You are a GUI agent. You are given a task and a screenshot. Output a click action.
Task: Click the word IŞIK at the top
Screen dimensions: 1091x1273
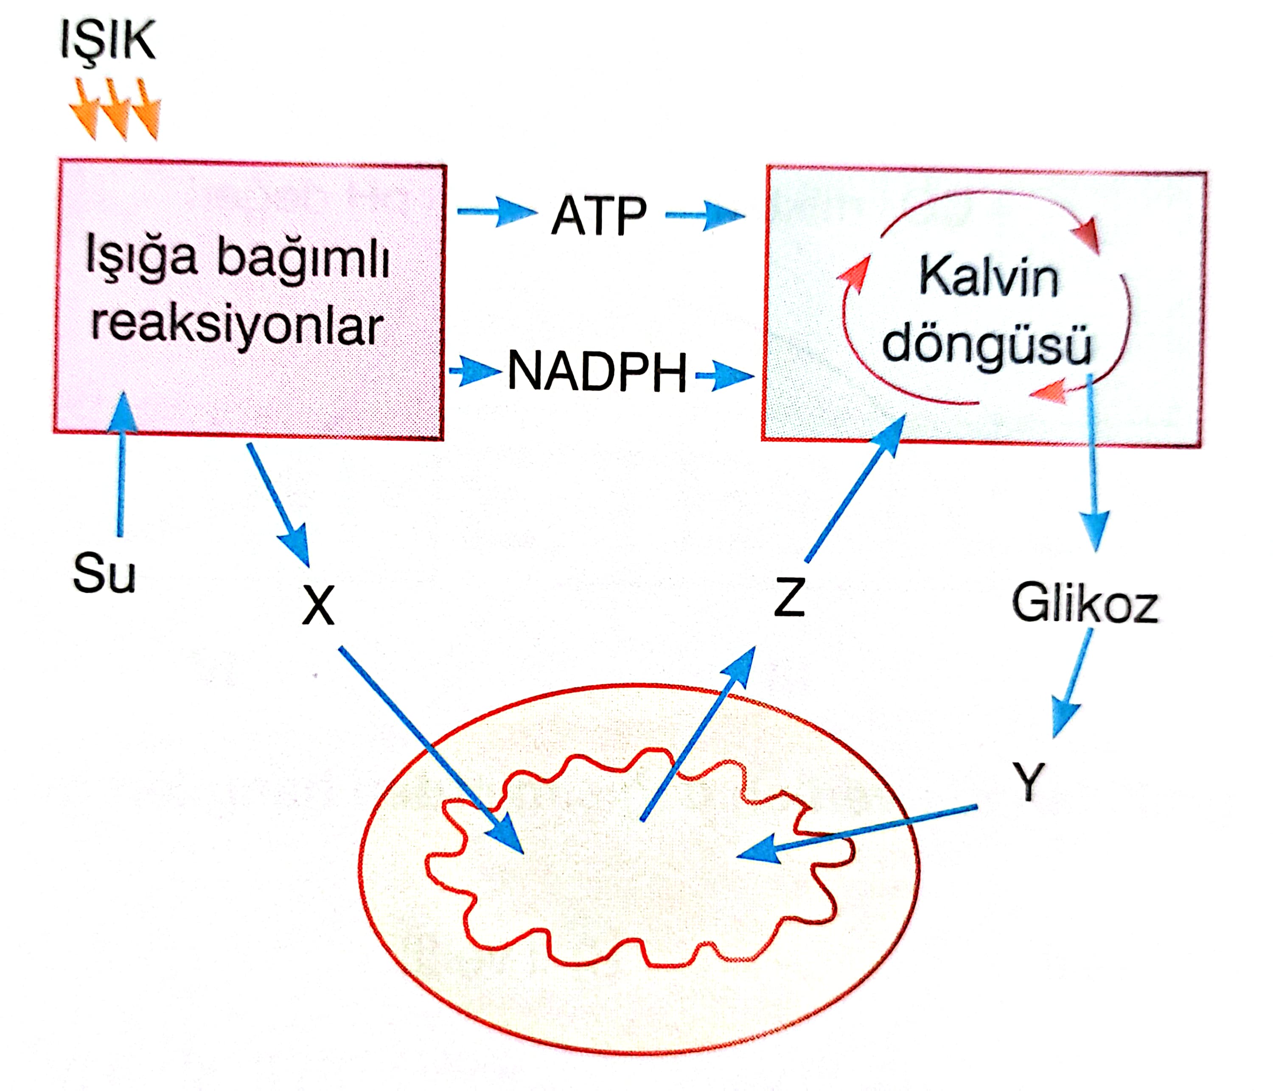point(108,41)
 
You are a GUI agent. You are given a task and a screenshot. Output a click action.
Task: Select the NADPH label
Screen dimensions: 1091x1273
point(597,371)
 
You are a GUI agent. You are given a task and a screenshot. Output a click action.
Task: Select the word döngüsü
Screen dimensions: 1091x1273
point(987,344)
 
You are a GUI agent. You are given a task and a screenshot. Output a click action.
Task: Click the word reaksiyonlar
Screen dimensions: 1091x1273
point(238,325)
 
